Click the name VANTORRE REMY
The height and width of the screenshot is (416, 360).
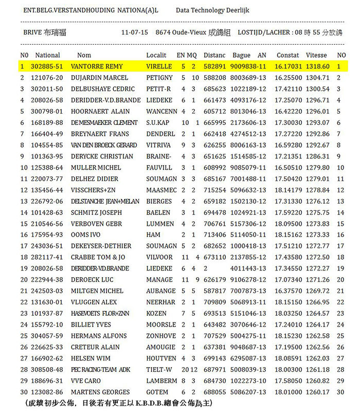coord(97,67)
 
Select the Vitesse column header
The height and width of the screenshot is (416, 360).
coord(316,56)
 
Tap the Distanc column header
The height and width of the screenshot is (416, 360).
coord(214,56)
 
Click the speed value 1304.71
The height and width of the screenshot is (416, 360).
coord(317,78)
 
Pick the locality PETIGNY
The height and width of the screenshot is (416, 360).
coord(159,78)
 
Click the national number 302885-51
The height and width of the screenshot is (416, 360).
coord(47,67)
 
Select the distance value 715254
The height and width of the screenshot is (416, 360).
coord(214,190)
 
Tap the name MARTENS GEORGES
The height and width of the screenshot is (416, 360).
coord(100,392)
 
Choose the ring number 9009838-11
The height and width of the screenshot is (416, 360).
coord(248,67)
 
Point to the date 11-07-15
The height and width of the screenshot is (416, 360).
coord(135,32)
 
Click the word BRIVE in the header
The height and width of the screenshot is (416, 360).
coord(32,32)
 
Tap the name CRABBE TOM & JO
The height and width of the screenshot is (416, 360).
coord(98,257)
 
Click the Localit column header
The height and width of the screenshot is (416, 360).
coord(156,56)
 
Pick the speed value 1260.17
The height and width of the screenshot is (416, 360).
coord(317,392)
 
